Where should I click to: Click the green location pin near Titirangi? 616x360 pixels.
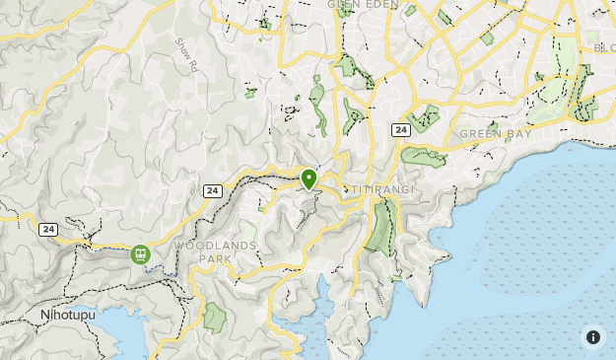308,179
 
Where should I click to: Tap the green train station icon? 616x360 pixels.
140,254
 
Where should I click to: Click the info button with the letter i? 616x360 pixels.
593,337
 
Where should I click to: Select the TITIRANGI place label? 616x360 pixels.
380,187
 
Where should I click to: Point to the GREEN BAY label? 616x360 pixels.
494,133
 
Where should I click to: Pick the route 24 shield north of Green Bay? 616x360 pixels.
400,129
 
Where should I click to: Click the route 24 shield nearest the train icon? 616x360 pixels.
48,229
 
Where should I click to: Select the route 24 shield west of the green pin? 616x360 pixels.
212,190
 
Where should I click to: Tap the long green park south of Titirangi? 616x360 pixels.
378,227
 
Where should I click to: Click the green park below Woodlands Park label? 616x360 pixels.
214,318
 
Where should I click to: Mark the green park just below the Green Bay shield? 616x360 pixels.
423,156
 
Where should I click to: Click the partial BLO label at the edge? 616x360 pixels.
603,45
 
